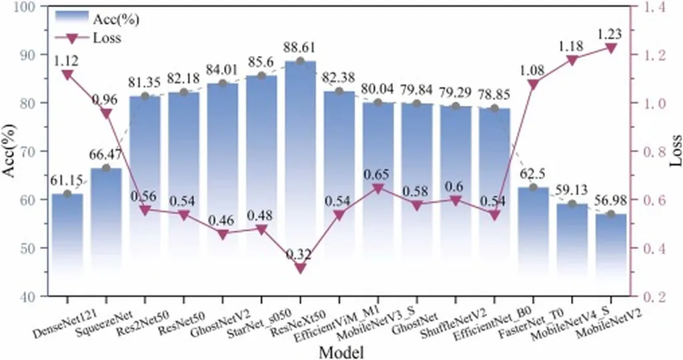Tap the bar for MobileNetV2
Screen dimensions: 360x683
click(610, 253)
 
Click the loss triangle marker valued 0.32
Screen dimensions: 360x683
click(300, 268)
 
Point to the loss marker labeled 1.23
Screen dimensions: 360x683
click(610, 48)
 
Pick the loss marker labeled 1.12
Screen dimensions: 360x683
click(67, 75)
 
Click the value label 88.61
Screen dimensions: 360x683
click(300, 48)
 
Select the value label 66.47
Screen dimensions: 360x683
click(105, 155)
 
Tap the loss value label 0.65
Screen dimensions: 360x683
click(378, 175)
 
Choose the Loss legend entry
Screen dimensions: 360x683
click(107, 38)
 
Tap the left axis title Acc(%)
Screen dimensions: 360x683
click(9, 151)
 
